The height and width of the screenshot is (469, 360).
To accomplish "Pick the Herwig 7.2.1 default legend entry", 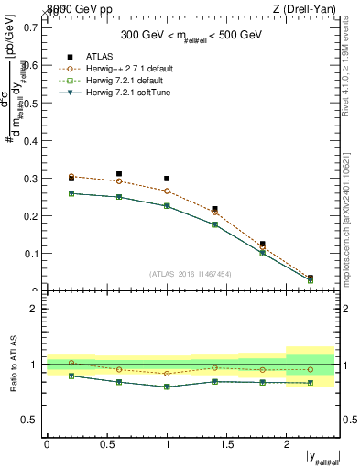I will click(x=128, y=80).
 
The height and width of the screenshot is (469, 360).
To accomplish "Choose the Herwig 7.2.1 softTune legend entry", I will click(x=131, y=92).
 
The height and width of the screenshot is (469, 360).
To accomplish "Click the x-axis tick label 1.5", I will click(x=225, y=443).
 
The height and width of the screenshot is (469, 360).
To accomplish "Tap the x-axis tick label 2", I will click(x=286, y=443).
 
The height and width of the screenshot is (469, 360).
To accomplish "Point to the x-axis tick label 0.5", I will click(x=106, y=443).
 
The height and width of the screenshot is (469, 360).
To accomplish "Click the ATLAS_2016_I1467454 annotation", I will click(x=191, y=273).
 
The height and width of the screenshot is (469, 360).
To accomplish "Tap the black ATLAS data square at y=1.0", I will click(x=167, y=179).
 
